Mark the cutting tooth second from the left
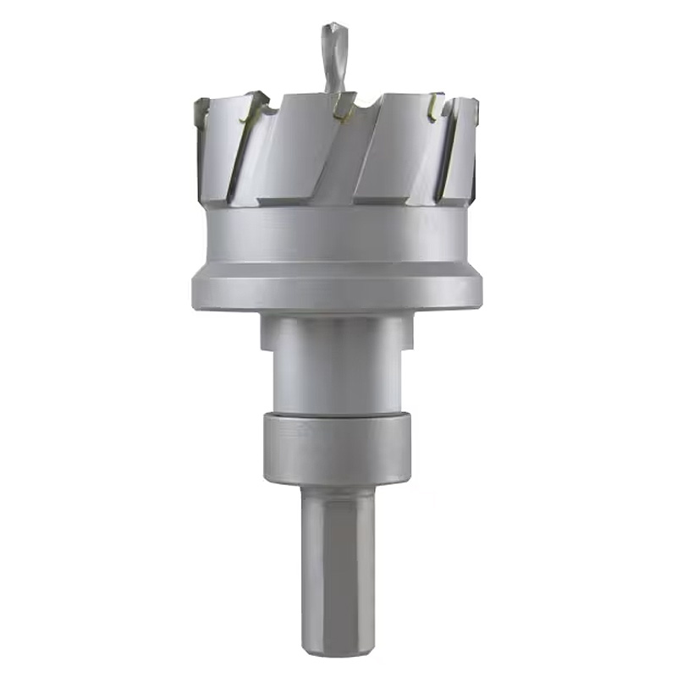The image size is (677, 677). (254, 106)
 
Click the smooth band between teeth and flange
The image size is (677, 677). (338, 233)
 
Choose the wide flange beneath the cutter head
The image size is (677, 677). (338, 288)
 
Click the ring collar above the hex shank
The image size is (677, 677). (338, 447)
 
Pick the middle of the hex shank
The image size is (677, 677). (338, 567)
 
